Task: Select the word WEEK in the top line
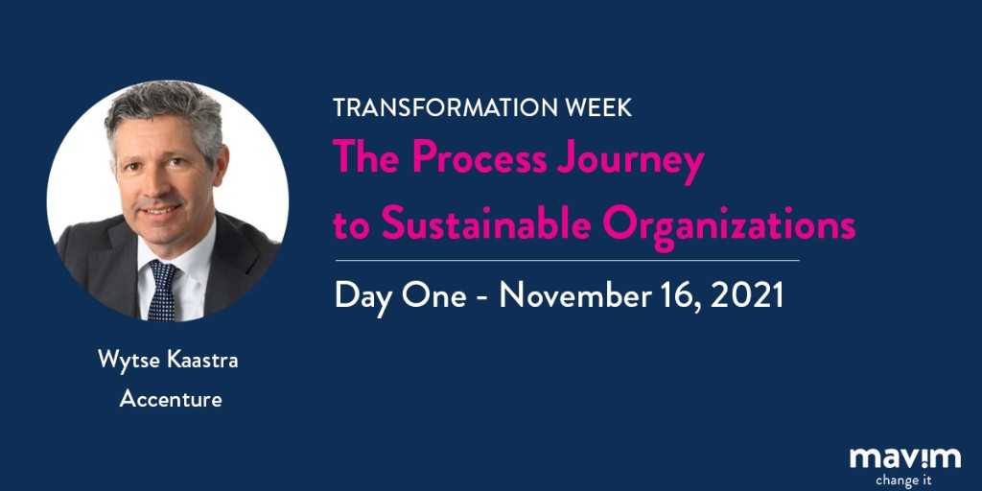point(596,107)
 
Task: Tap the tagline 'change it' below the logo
point(902,479)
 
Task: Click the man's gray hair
point(163,110)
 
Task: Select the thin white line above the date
point(566,260)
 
